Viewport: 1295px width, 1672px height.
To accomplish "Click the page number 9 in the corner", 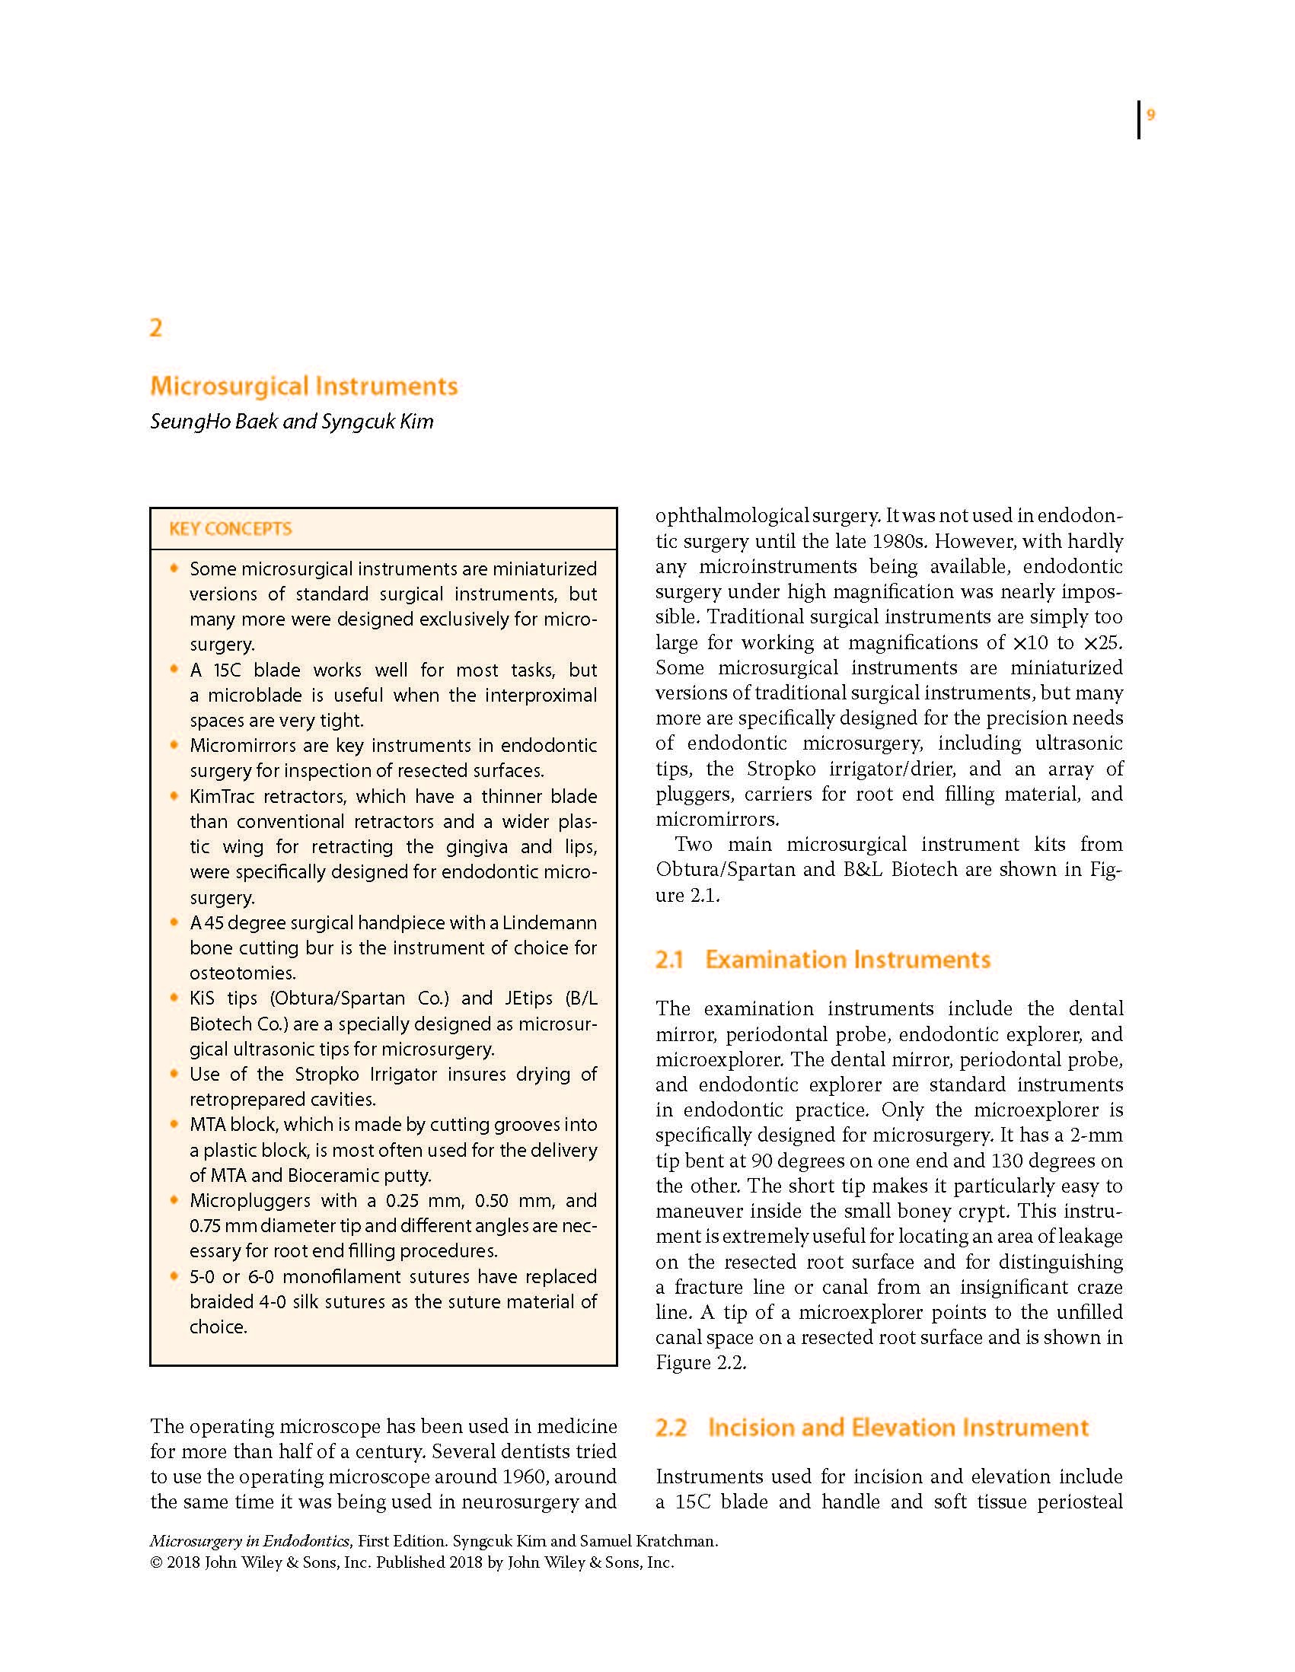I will click(1150, 116).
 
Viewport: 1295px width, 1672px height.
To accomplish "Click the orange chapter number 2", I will click(156, 328).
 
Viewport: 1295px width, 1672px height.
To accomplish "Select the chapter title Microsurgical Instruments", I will click(304, 386).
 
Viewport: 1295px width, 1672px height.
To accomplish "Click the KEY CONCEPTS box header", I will click(231, 529).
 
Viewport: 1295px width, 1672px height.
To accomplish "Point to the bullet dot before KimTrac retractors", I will click(174, 795).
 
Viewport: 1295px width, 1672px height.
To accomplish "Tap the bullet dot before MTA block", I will click(174, 1124).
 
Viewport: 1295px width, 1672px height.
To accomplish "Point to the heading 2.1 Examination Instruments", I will click(822, 960).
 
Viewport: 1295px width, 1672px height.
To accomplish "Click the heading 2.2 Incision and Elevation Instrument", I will click(872, 1428).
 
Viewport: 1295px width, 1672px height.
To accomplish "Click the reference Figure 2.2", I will click(700, 1363).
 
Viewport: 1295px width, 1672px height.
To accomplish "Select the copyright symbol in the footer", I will click(156, 1562).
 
